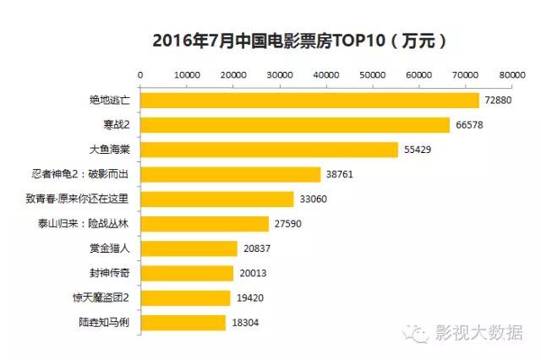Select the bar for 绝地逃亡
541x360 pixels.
309,101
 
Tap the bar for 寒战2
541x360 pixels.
294,125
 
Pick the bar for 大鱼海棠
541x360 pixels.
269,150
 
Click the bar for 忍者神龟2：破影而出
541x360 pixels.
230,174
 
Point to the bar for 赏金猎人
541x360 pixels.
189,248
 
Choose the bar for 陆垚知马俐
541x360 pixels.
183,322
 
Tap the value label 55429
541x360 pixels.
418,150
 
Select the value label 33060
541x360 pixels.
313,199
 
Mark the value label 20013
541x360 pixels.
252,273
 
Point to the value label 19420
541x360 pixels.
249,297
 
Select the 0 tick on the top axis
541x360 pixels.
139,75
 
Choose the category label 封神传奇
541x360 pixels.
110,273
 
